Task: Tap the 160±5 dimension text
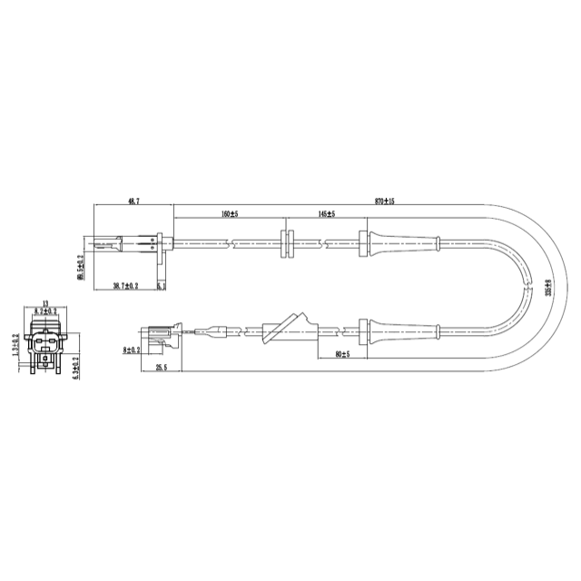coord(229,214)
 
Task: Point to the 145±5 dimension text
coord(327,214)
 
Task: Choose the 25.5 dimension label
coord(162,368)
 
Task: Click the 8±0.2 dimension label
coord(131,349)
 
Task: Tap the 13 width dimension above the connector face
coord(46,304)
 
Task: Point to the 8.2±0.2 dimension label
coord(45,312)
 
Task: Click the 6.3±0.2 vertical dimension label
coord(76,366)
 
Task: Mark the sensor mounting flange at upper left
coord(161,243)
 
